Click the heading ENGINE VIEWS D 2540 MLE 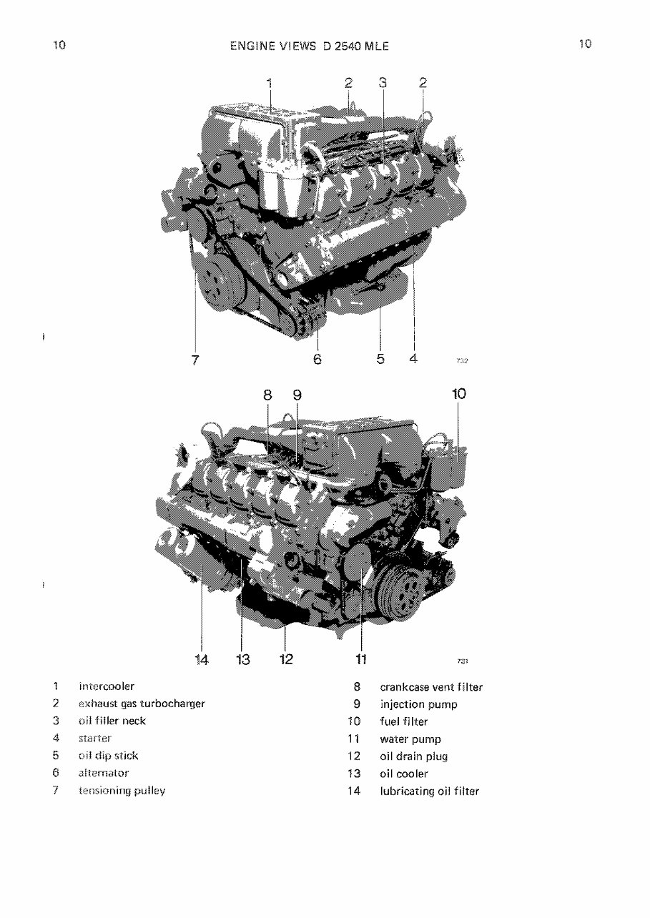coord(310,46)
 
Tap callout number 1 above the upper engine coord(270,83)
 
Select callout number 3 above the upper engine coord(383,83)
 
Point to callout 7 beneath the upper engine coord(195,359)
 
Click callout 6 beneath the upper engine coord(317,359)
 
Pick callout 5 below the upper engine coord(380,358)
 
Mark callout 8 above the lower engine coord(267,395)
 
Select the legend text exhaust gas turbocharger coord(142,704)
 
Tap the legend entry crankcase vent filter coord(431,687)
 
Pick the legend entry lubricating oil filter coord(429,791)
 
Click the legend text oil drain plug coord(413,756)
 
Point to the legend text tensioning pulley coord(122,791)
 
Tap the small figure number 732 coord(461,361)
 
